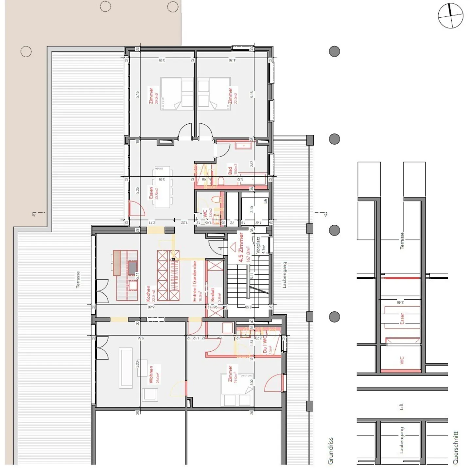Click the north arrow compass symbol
click(450, 16)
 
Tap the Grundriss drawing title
click(330, 450)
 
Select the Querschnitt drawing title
click(455, 448)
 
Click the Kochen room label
click(148, 293)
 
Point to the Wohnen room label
click(151, 374)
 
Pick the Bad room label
click(230, 170)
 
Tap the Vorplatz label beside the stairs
click(258, 245)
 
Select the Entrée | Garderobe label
click(195, 281)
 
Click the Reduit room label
click(213, 295)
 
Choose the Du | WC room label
click(265, 344)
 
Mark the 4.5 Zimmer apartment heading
click(241, 247)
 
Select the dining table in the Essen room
click(162, 187)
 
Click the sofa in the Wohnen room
click(126, 368)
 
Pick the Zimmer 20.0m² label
click(151, 96)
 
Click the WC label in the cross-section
click(402, 360)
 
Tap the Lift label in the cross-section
click(401, 406)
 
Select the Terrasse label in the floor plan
click(78, 280)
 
